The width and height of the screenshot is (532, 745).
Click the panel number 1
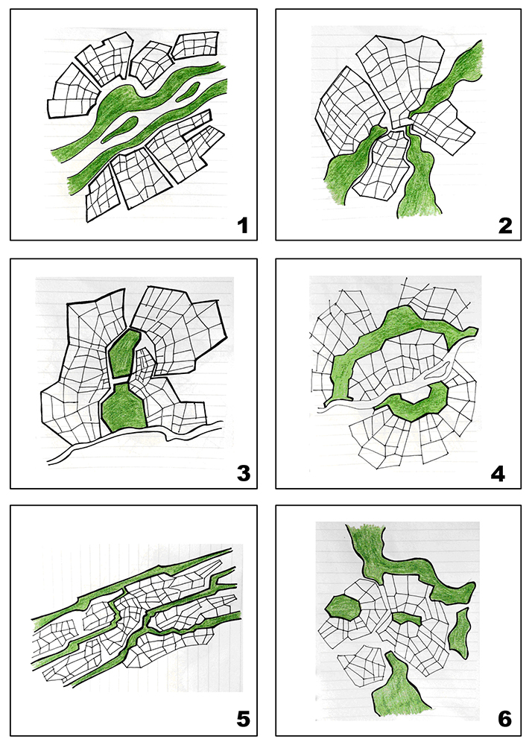pos(243,225)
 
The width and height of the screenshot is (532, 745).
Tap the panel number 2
pos(505,225)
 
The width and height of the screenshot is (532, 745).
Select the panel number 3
pos(243,473)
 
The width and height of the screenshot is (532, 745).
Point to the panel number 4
pos(498,473)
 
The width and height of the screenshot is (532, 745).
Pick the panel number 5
pos(243,719)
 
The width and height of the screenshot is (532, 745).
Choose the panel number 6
pos(505,719)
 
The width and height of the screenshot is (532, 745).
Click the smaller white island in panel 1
pos(188,92)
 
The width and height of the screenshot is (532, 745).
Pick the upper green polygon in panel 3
pos(124,352)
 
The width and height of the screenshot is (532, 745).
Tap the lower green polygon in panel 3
pos(124,406)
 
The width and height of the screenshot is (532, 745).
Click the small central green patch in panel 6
pos(408,618)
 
